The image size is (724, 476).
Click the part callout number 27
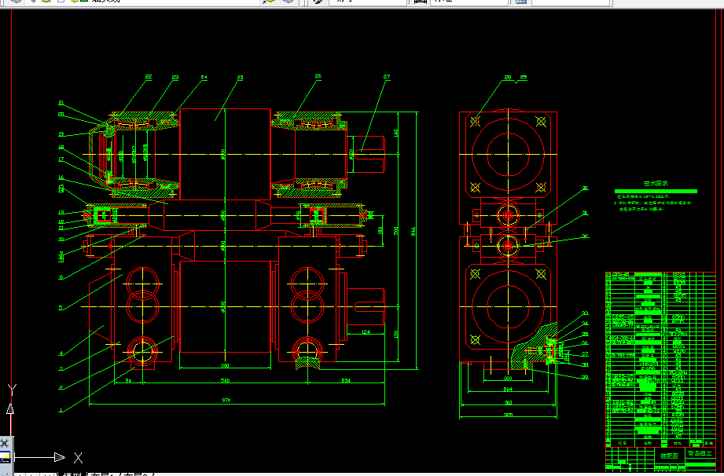coord(387,77)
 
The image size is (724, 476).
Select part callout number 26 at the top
coord(318,77)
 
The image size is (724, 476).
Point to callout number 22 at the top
coord(148,77)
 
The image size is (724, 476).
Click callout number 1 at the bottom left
coord(61,408)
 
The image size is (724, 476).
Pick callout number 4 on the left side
coord(61,353)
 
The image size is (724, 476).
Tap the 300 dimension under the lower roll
coord(225,365)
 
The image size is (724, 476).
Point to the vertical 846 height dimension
coord(412,230)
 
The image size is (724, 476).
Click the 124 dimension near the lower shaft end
coord(365,333)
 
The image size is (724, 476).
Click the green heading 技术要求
coord(656,186)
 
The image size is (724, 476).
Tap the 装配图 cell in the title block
coord(668,454)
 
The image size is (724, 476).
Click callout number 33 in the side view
coord(585,313)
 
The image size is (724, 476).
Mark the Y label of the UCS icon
coord(11,389)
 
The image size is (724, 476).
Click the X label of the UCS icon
coord(78,457)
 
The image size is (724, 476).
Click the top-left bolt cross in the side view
coord(475,122)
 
